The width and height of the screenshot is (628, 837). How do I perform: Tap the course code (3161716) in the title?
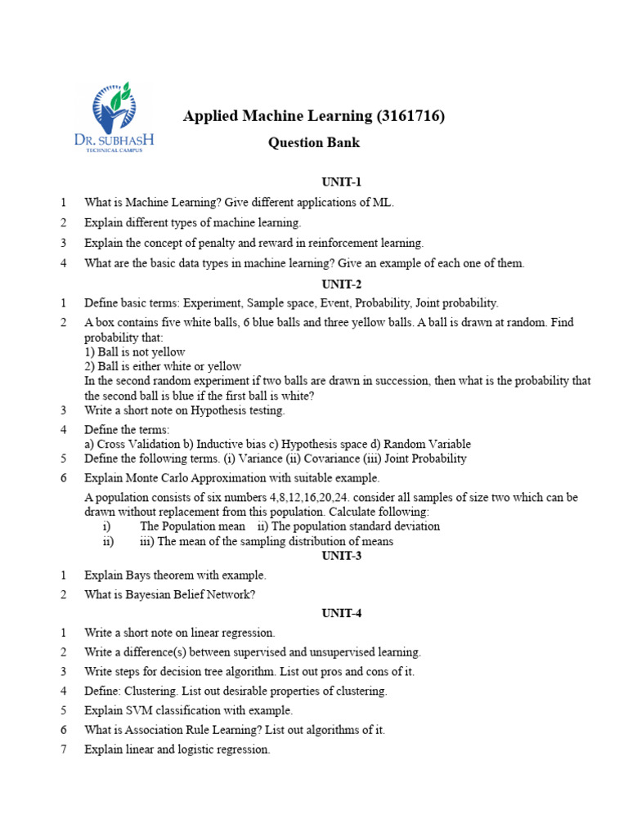pyautogui.click(x=410, y=117)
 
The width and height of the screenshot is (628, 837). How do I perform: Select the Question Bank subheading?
pyautogui.click(x=314, y=143)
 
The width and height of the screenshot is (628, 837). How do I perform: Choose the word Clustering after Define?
pyautogui.click(x=148, y=691)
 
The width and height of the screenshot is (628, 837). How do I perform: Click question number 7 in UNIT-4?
pyautogui.click(x=63, y=750)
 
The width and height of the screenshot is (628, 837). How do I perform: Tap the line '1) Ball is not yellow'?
pyautogui.click(x=135, y=352)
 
